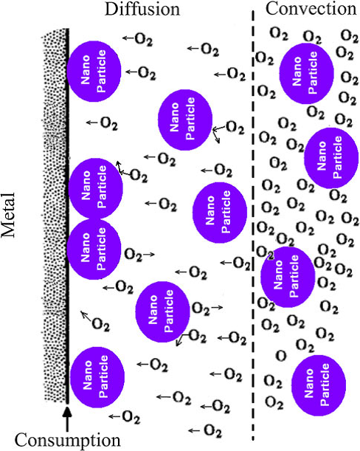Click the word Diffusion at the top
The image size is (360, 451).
pos(142,9)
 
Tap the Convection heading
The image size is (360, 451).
pos(311,8)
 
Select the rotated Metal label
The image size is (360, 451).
pos(9,215)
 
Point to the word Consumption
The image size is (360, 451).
pos(68,440)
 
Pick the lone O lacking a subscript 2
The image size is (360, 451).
pos(281,356)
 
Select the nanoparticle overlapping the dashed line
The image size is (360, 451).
pos(288,277)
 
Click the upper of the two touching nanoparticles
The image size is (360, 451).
pos(95,188)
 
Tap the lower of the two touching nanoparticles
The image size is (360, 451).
pos(94,249)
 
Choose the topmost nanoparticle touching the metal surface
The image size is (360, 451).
pos(94,72)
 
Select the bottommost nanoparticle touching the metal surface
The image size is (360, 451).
pos(97,377)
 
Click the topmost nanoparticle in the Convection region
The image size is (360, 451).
pos(307,74)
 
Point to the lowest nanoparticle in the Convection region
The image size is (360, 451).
pos(319,385)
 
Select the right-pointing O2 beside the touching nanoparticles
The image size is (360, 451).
pos(133,254)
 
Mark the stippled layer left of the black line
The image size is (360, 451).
pos(54,216)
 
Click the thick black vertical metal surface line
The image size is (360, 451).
pos(67,216)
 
